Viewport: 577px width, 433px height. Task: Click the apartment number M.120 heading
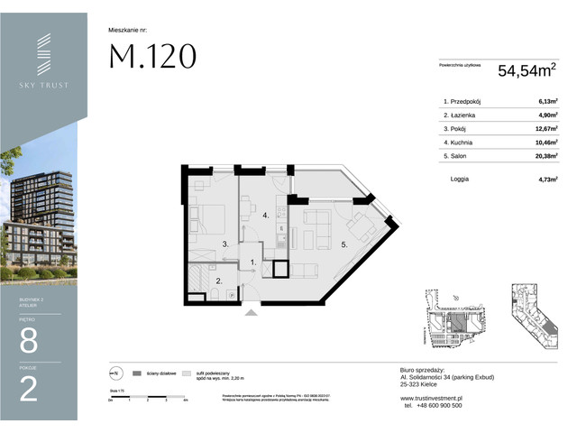pos(152,57)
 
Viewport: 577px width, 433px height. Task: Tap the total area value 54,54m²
pos(527,67)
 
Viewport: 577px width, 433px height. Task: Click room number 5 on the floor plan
pos(344,244)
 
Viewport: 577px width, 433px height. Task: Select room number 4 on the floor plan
pos(265,216)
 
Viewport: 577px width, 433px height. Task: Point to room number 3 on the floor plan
pos(226,244)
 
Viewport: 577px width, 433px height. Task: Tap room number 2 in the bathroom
pos(219,281)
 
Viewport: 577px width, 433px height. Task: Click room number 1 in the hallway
pos(253,263)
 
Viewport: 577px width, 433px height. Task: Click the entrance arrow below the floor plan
pos(250,312)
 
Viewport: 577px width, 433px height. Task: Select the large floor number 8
pos(29,340)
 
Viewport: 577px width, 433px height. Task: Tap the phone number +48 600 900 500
pos(435,405)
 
